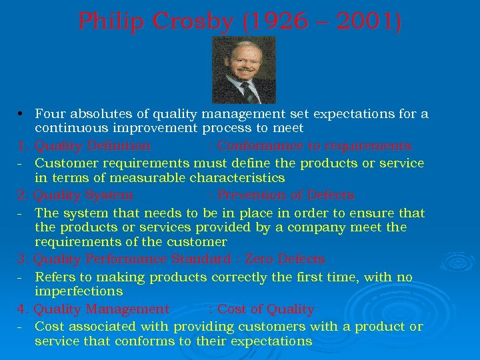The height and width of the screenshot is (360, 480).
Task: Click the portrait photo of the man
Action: tap(243, 69)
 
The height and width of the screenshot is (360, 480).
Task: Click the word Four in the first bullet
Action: tap(49, 114)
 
